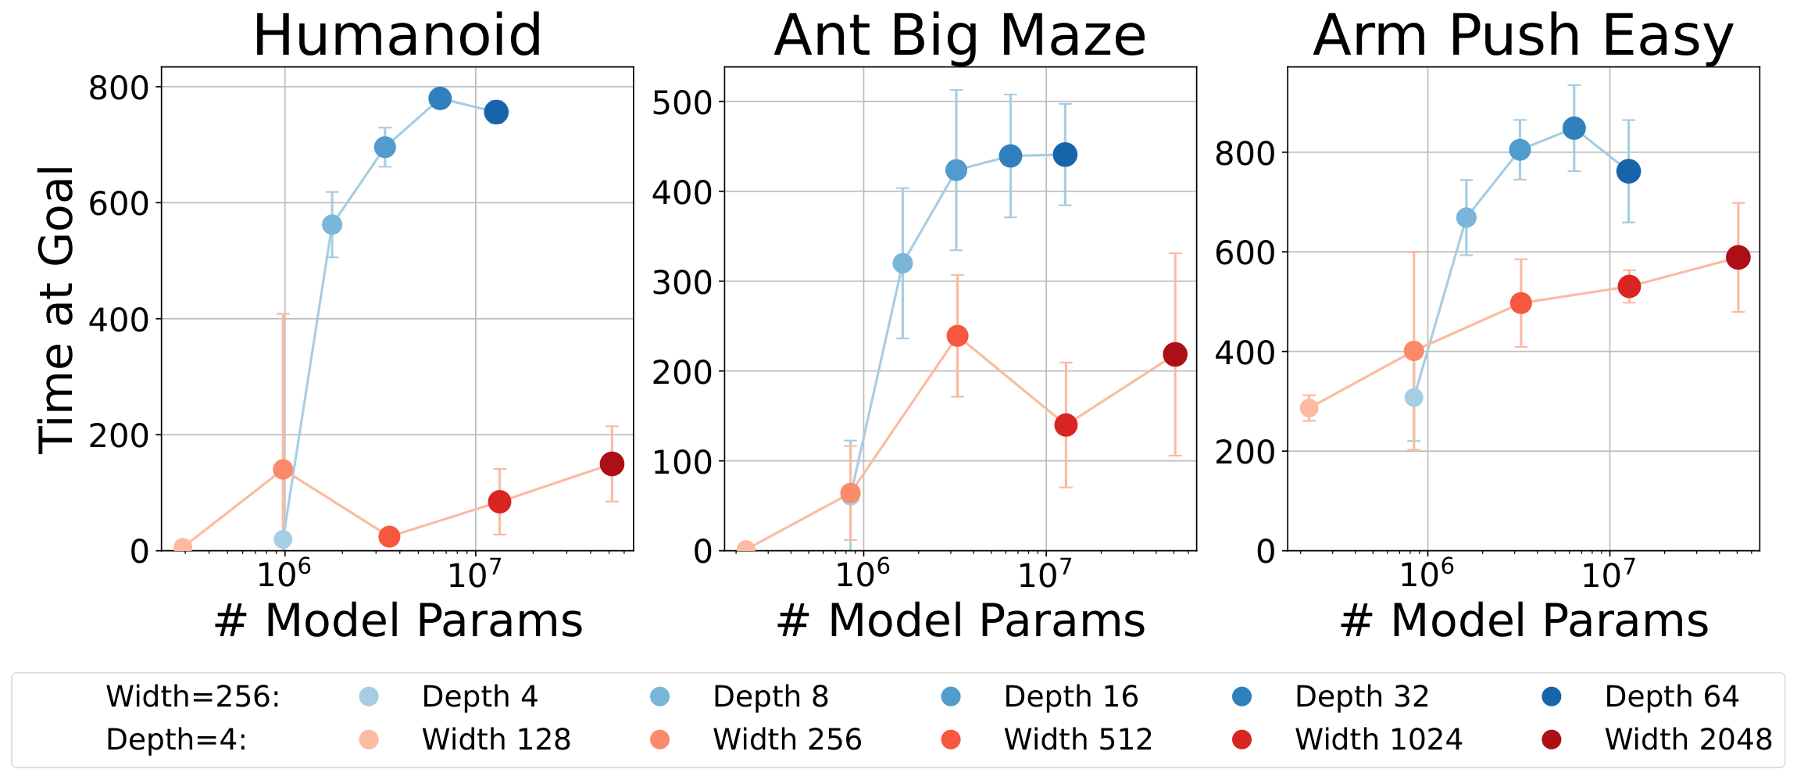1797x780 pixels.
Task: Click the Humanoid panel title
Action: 397,36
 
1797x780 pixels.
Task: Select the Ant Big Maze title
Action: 959,36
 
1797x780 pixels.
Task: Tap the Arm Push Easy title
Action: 1523,36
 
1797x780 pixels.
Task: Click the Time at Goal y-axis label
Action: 56,309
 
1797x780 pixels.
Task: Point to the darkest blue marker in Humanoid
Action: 496,113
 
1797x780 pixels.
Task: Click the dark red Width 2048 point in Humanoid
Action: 612,464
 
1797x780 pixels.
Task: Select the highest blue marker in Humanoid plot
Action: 440,98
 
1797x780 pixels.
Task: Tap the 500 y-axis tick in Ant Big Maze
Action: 682,102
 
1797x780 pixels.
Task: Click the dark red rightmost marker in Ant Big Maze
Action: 1175,355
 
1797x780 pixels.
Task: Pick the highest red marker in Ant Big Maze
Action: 957,336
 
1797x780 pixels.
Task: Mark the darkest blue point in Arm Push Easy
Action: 1629,172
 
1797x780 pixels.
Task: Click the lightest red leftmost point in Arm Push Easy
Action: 1309,408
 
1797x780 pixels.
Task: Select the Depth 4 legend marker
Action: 368,696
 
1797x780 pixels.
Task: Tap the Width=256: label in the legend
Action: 192,696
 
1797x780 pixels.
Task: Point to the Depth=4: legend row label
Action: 176,739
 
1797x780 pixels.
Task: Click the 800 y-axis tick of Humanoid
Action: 119,88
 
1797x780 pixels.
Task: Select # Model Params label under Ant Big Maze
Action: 960,621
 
